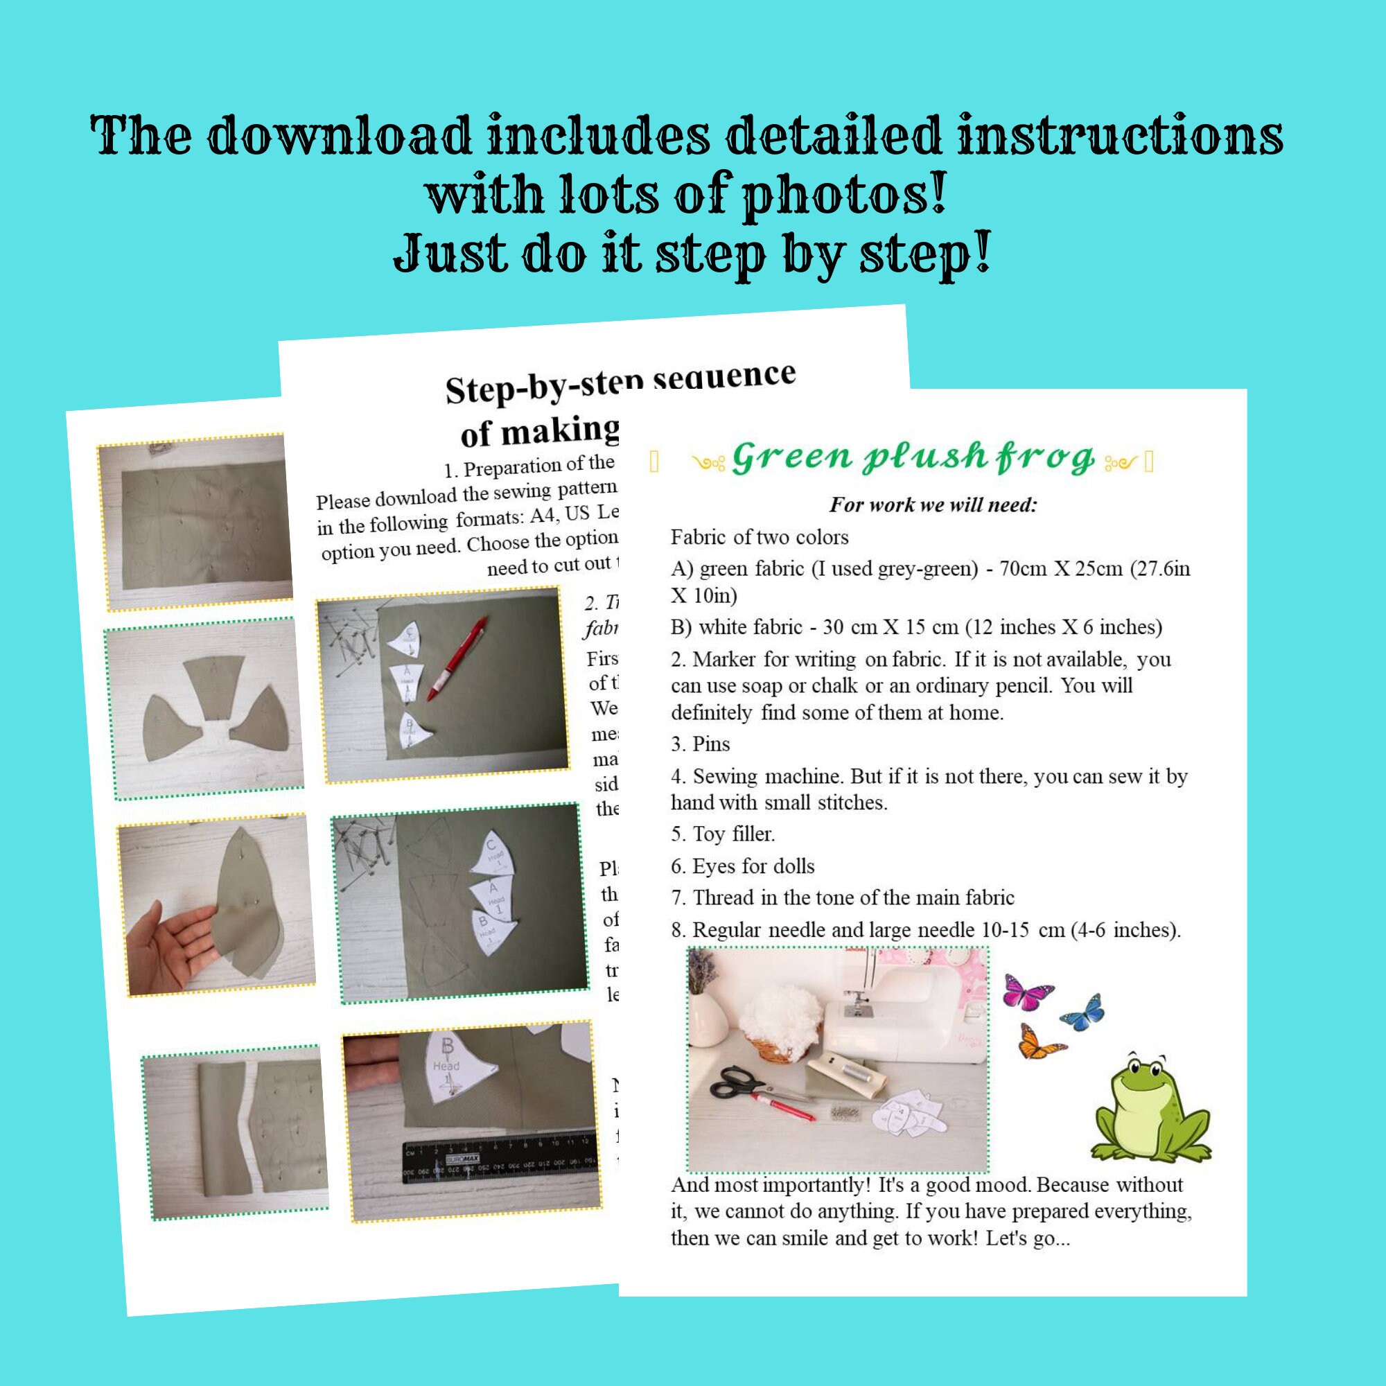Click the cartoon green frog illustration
point(1150,1109)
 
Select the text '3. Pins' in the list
point(700,744)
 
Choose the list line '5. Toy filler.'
point(722,834)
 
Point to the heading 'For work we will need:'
point(933,505)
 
